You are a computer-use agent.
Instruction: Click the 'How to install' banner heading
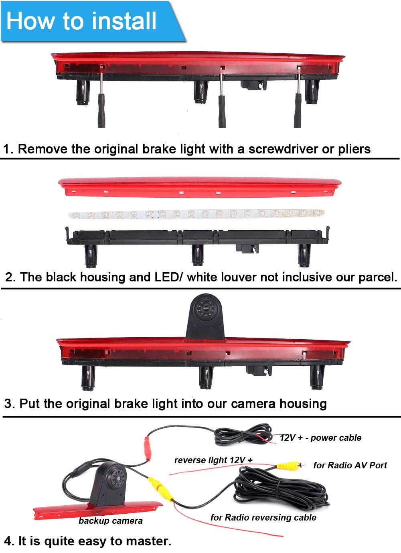pos(81,21)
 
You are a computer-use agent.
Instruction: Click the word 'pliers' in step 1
pos(354,149)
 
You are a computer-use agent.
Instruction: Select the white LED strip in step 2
pos(196,214)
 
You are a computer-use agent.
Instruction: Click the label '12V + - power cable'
pos(320,438)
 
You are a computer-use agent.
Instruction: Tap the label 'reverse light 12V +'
pos(214,460)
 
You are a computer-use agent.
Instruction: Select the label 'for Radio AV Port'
pos(350,465)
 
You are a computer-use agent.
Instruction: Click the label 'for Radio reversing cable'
pos(263,517)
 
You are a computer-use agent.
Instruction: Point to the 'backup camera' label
pos(111,521)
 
